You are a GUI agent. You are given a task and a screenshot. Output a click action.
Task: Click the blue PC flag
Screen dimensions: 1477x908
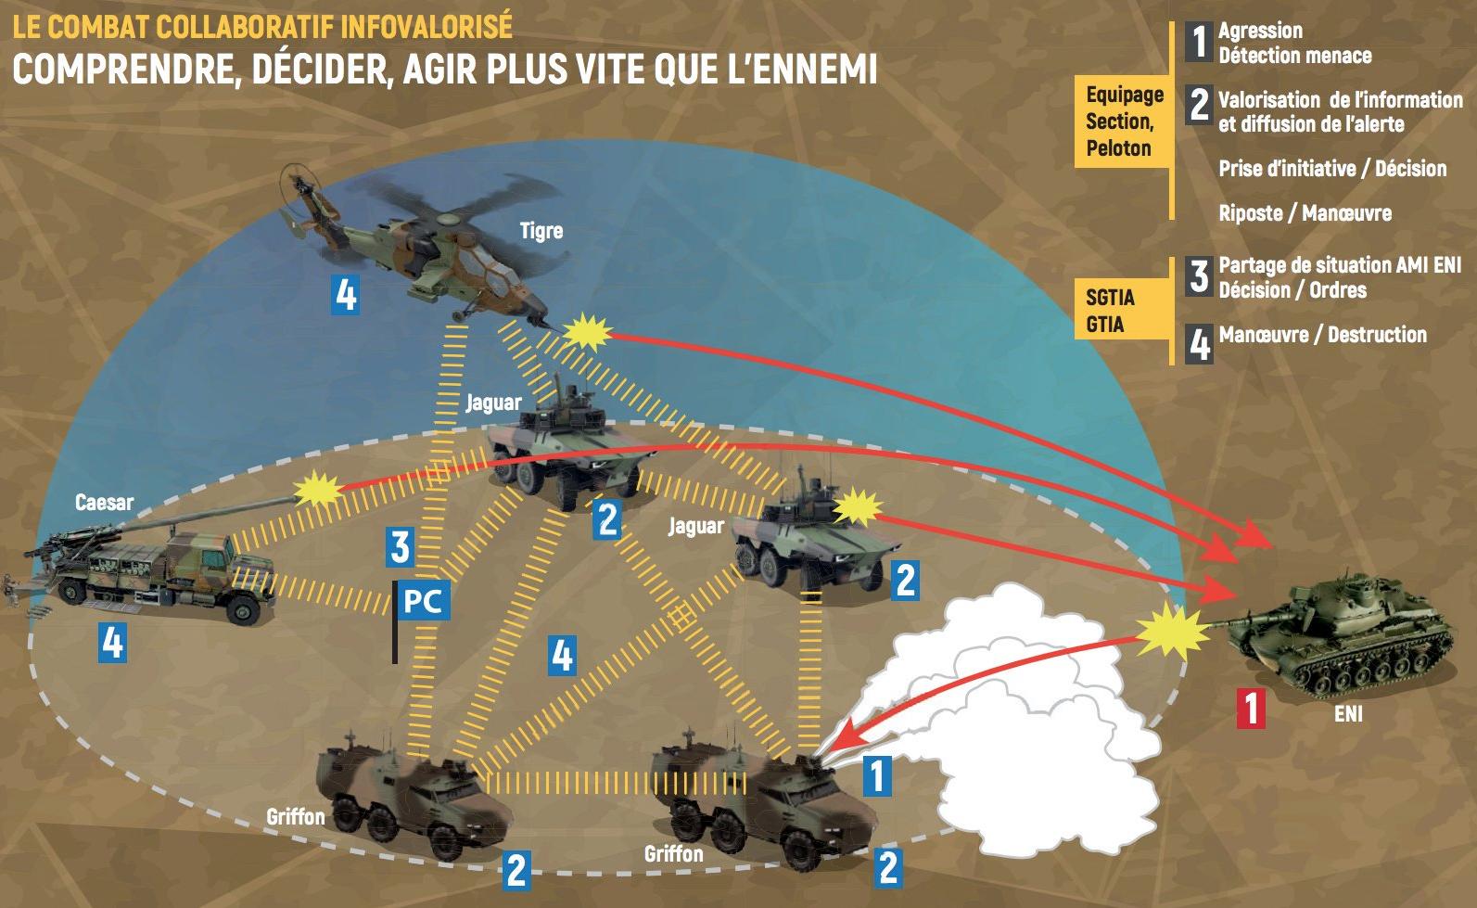pos(423,601)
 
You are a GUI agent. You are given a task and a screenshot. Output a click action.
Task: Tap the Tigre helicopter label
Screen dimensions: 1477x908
pos(541,231)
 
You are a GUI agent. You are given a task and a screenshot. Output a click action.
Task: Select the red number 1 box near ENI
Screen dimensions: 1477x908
pos(1251,709)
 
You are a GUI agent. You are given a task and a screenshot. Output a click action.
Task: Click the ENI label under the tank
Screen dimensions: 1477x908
pos(1348,714)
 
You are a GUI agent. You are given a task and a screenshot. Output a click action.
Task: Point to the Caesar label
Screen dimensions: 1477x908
pos(104,503)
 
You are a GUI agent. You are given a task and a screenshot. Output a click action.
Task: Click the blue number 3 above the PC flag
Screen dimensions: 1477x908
pos(401,546)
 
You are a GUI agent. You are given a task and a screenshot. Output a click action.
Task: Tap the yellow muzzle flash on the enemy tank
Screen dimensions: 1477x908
pos(1173,632)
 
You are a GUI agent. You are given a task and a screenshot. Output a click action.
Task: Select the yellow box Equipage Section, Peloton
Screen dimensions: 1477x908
pos(1123,121)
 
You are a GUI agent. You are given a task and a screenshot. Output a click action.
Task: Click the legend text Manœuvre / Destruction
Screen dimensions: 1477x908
pos(1323,335)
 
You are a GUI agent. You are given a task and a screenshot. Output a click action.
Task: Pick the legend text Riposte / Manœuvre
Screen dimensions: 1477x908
pos(1305,213)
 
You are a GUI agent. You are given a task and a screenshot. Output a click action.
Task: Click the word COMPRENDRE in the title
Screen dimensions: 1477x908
pos(122,68)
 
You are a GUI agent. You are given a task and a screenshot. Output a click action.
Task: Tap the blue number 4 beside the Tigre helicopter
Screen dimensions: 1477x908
pos(346,295)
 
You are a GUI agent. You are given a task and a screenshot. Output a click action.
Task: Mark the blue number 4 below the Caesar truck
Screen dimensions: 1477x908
pos(113,643)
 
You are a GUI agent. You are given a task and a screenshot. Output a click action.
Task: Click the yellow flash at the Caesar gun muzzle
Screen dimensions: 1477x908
pos(318,490)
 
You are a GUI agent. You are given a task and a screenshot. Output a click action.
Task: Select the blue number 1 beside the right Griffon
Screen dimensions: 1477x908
pos(877,775)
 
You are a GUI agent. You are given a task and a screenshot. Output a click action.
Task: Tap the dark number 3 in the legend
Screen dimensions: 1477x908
pos(1199,275)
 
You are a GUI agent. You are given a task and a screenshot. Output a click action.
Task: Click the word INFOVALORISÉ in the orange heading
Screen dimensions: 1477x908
pos(427,27)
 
